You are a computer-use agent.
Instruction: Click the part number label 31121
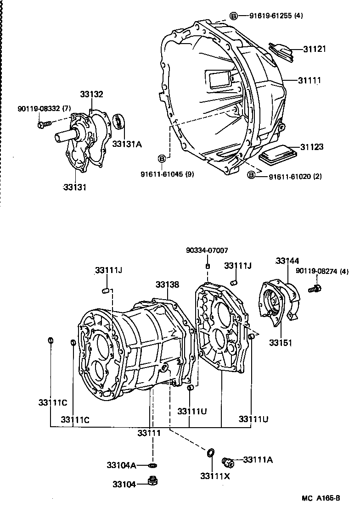[315, 49]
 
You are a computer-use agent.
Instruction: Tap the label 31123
[312, 147]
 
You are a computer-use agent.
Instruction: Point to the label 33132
[91, 95]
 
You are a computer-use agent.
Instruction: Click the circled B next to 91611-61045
[162, 158]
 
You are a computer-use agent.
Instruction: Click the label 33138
[167, 284]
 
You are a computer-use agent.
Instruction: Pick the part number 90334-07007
[207, 251]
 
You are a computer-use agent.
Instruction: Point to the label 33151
[281, 342]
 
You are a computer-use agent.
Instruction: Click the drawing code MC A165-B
[321, 498]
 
